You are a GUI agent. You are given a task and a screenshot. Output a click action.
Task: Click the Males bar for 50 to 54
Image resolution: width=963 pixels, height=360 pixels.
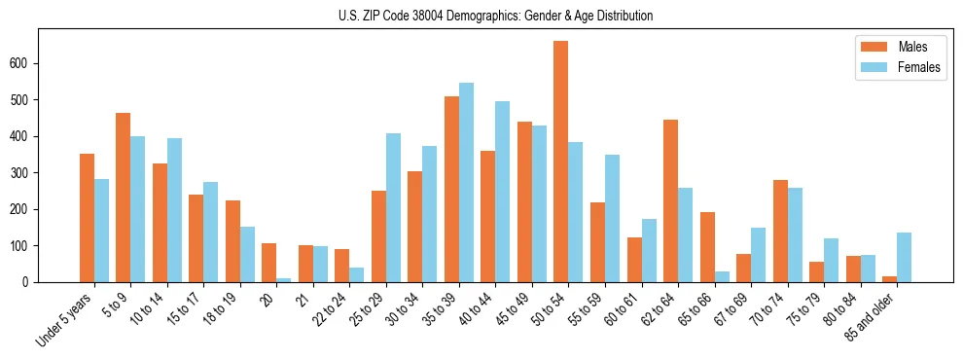(561, 162)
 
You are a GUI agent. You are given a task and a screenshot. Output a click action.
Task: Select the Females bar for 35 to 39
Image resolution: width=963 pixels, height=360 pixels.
(466, 183)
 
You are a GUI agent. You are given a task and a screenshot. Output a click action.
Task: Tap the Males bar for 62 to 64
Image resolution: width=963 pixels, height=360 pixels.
(670, 201)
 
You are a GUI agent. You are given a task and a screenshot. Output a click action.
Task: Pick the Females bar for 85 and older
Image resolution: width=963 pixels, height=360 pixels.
(904, 257)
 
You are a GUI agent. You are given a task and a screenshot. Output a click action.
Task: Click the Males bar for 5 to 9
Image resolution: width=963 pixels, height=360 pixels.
(124, 198)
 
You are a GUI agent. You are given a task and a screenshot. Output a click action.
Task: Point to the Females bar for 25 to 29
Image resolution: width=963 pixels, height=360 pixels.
(393, 207)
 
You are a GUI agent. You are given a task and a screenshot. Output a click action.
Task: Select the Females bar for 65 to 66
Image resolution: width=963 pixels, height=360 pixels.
(722, 276)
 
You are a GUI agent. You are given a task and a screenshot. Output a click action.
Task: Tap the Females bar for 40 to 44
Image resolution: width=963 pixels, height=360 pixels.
(503, 192)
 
